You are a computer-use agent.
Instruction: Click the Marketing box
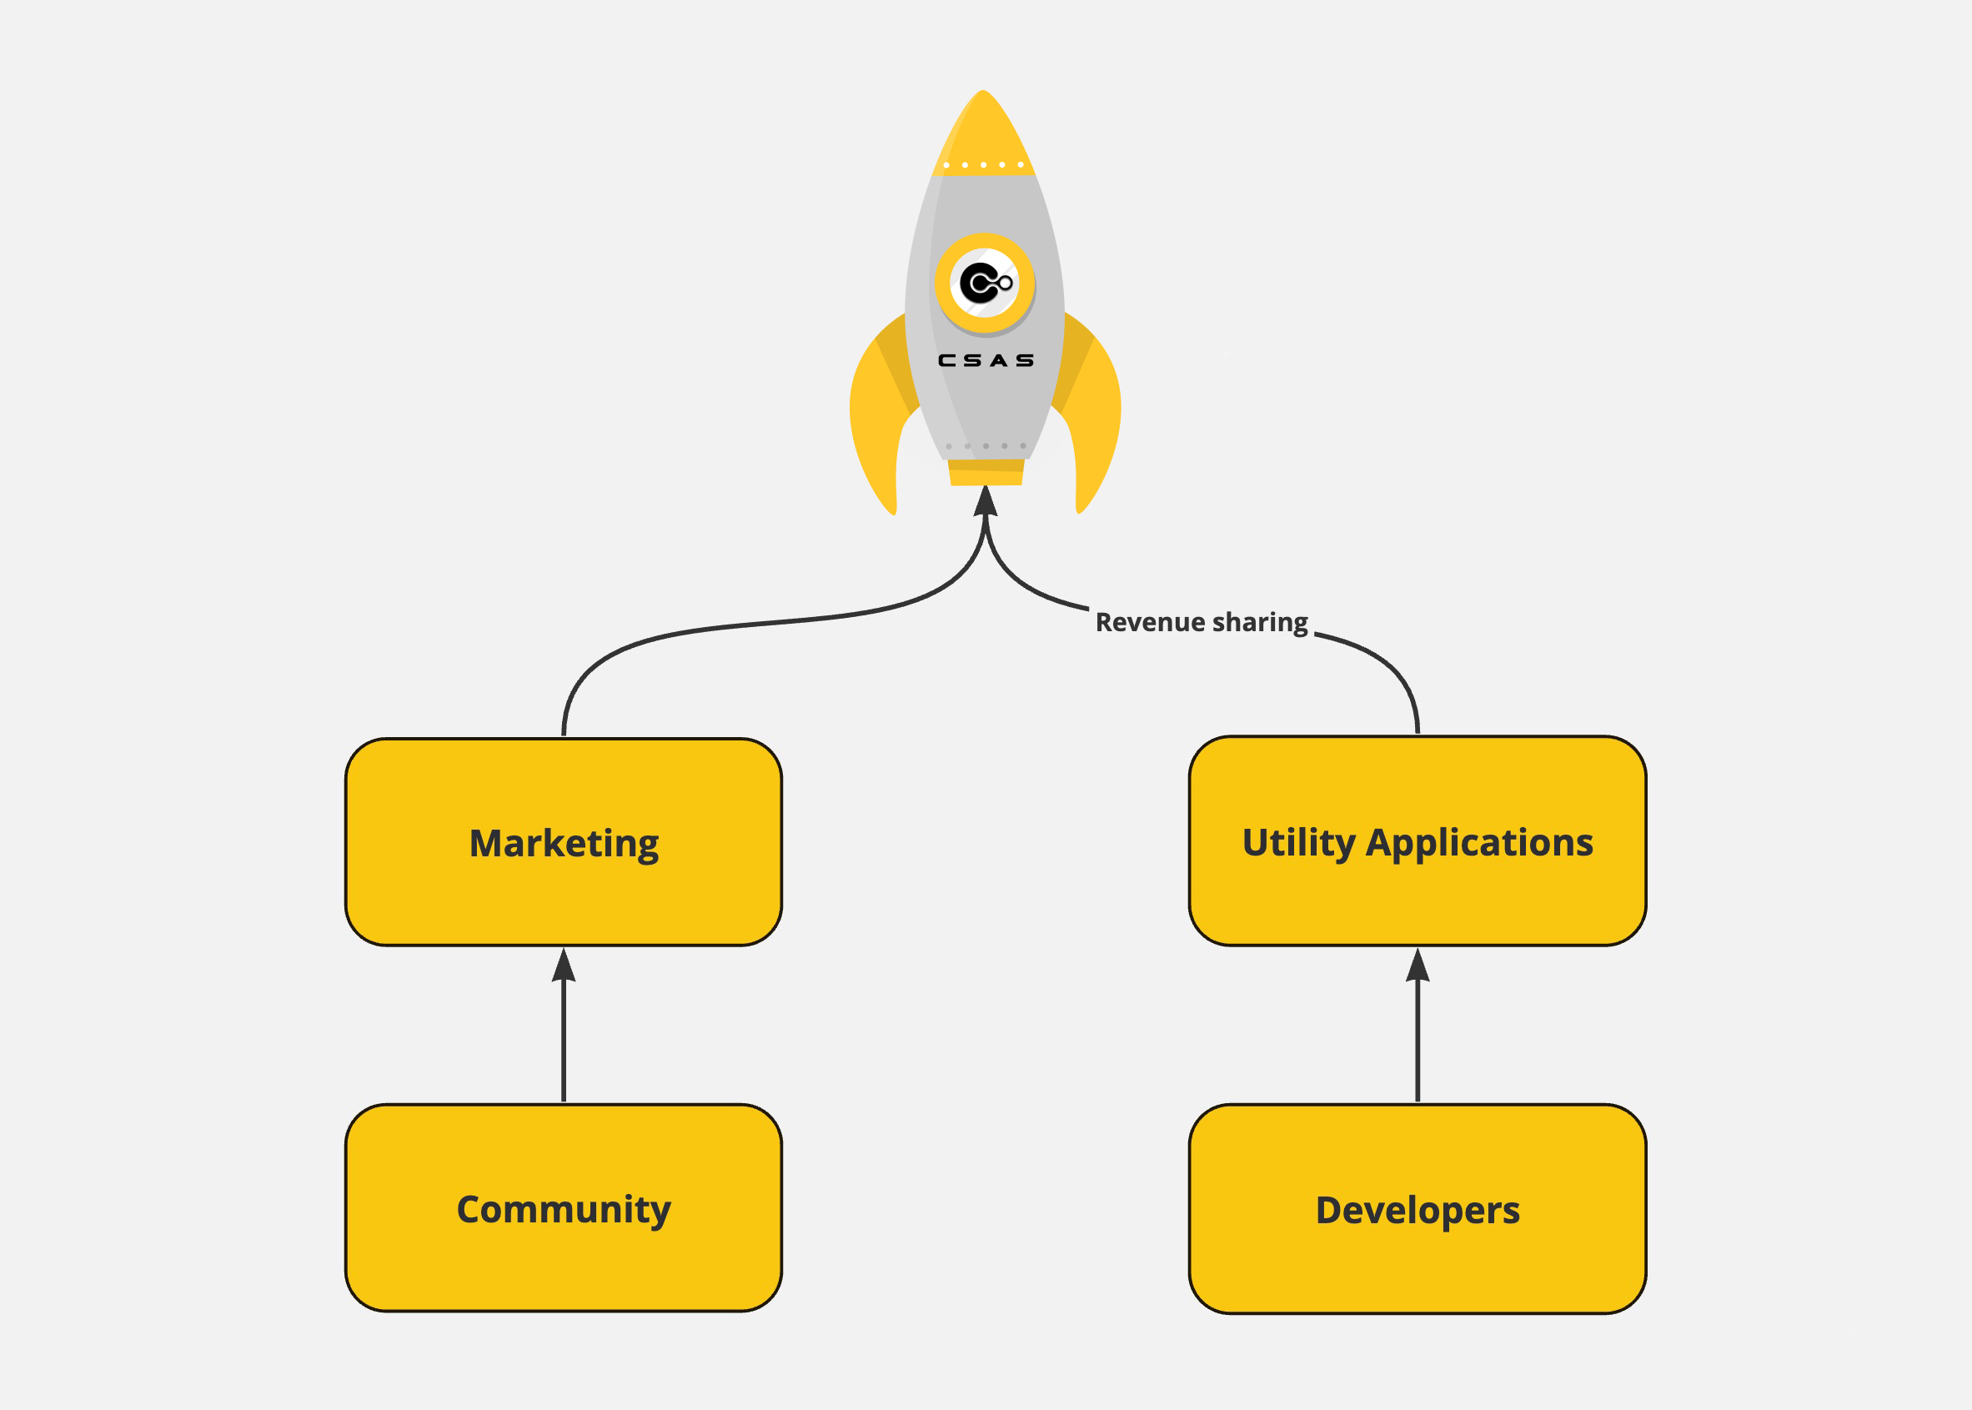coord(564,842)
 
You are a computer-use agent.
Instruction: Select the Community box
coord(564,1208)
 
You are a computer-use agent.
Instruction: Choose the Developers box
coord(1418,1209)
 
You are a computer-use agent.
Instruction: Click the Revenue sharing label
coord(1201,622)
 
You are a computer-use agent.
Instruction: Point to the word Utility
coord(1298,843)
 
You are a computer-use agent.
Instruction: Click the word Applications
coord(1478,843)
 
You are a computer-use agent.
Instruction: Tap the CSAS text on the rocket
coord(986,360)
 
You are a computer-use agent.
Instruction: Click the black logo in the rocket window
coord(984,283)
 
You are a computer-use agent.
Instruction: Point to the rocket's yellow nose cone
coord(983,130)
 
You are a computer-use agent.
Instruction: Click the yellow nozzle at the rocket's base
coord(986,472)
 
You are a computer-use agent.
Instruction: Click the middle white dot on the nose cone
coord(983,165)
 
